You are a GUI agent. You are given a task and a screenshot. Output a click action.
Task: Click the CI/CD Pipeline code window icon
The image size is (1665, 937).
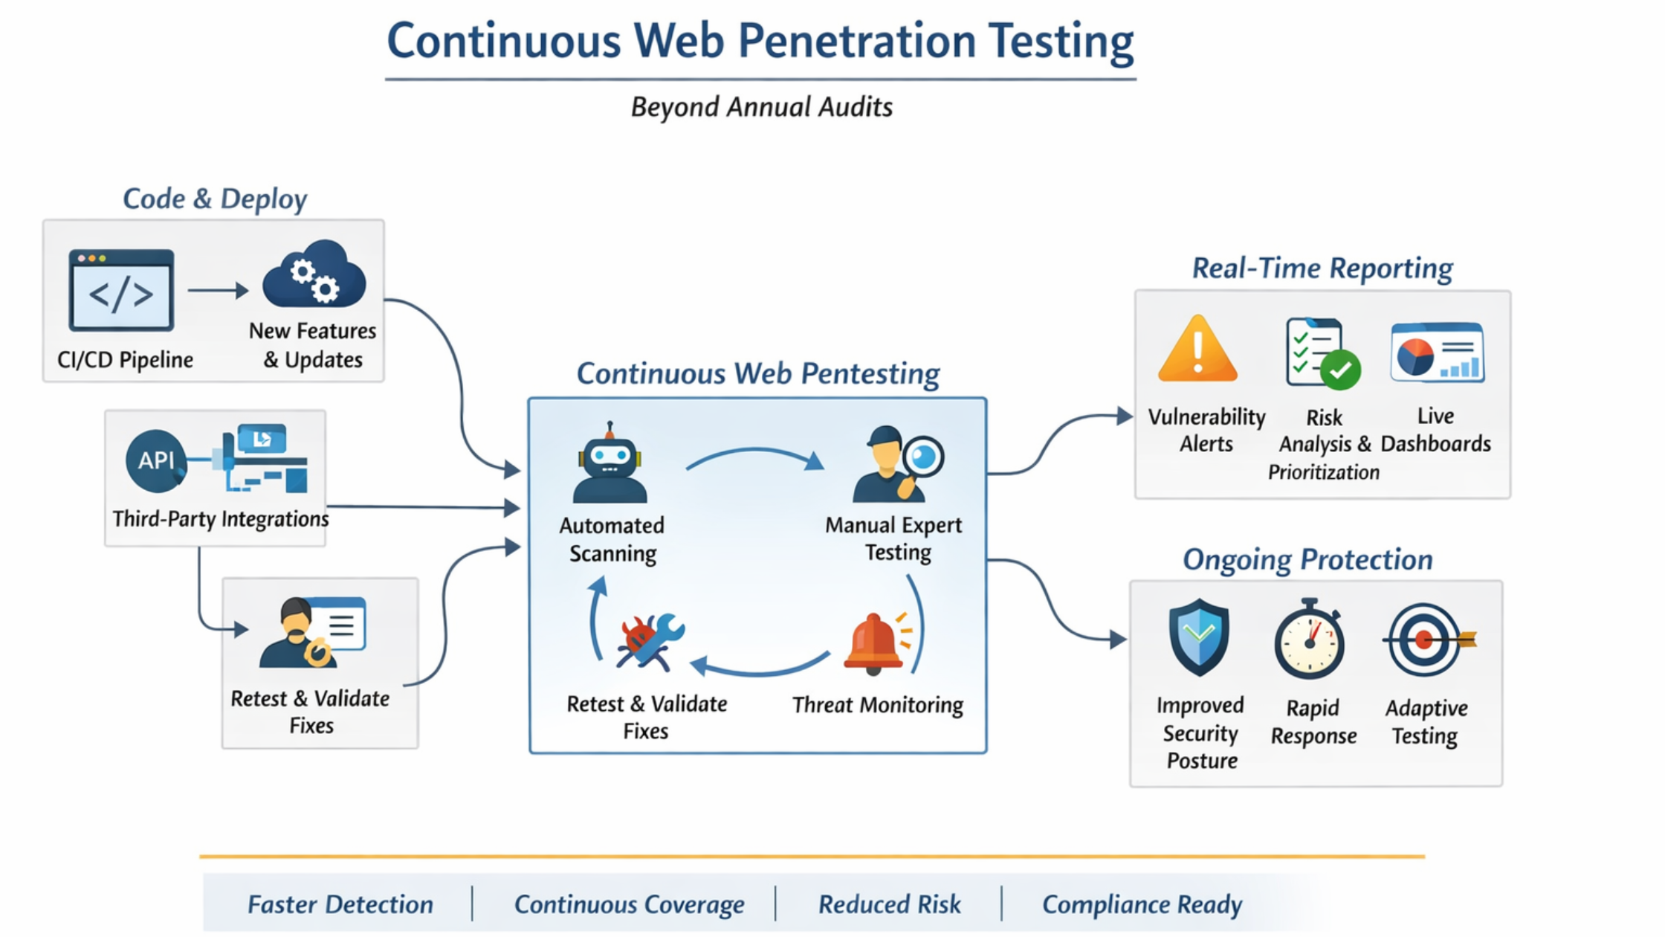[x=121, y=291]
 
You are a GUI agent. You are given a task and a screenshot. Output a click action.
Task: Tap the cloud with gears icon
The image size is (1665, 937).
[x=314, y=275]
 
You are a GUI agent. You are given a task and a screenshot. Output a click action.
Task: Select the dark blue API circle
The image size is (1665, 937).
[x=155, y=461]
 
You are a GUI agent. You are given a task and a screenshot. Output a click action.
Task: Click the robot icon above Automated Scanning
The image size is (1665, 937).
[x=610, y=464]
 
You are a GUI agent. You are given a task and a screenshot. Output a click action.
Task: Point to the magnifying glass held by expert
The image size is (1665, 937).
[x=922, y=457]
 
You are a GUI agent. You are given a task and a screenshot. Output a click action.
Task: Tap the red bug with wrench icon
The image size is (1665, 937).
[x=649, y=641]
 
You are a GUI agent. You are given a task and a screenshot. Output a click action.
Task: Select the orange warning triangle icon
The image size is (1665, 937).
[x=1197, y=350]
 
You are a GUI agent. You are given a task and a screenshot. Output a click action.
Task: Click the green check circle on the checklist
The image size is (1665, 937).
[x=1340, y=370]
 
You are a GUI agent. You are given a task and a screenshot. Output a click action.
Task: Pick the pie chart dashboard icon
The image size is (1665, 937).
[x=1436, y=353]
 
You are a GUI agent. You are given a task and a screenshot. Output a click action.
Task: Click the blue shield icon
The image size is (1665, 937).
[x=1198, y=637]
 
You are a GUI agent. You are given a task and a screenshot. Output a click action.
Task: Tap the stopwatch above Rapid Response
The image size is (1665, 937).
[x=1309, y=641]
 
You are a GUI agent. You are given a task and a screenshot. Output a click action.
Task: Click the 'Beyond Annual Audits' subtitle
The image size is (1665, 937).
[x=761, y=107]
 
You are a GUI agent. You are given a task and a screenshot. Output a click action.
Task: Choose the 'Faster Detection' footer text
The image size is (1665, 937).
[x=340, y=904]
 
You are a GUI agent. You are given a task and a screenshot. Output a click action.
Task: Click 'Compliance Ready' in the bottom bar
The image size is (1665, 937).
[x=1142, y=904]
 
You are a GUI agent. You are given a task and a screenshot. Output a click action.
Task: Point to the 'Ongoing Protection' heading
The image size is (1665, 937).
[x=1307, y=559]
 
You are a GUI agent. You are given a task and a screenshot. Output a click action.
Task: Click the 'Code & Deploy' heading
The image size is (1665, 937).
[x=215, y=199]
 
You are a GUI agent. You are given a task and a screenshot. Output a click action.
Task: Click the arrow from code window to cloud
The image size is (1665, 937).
[x=217, y=290]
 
